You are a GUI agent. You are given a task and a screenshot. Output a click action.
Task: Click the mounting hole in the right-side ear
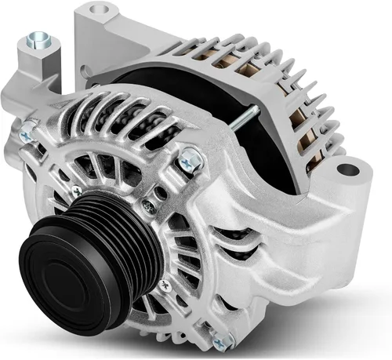346,169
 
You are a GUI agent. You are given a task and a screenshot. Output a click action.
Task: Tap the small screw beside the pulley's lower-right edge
164,283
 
